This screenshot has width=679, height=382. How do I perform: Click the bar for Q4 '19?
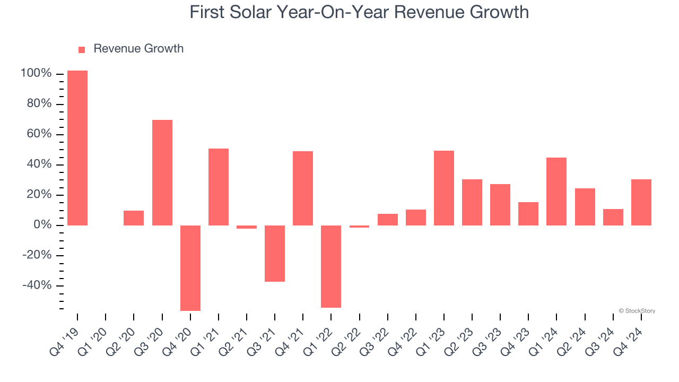[77, 148]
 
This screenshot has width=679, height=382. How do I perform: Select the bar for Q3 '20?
[162, 172]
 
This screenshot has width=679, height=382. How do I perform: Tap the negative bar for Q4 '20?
[190, 268]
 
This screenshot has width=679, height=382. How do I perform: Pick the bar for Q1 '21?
[219, 187]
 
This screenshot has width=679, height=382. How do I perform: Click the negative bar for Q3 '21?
[275, 254]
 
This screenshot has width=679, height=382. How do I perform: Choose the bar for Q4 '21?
[303, 188]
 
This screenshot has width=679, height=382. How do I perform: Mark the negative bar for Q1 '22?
[331, 266]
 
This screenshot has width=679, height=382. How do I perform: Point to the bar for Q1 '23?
[444, 188]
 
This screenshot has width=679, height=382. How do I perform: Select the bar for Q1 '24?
[556, 192]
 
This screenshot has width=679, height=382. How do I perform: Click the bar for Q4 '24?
[641, 202]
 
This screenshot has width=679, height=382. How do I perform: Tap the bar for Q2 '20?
[134, 218]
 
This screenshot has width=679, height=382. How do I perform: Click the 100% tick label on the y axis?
[36, 73]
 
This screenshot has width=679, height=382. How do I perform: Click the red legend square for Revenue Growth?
[82, 49]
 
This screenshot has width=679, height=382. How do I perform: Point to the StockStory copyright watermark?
[637, 311]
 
